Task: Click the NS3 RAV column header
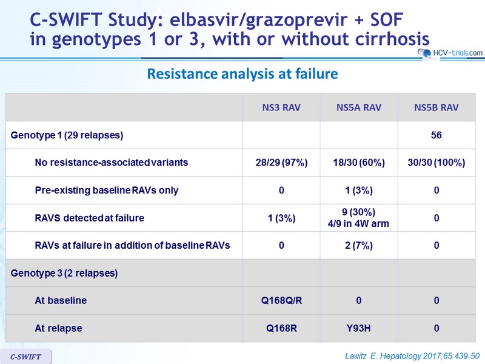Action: [281, 107]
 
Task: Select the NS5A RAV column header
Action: [359, 107]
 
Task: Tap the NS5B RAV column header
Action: [436, 107]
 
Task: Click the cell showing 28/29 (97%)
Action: [281, 163]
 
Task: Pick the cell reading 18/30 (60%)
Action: [359, 163]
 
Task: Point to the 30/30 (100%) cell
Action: [436, 163]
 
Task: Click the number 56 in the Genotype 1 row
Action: [436, 135]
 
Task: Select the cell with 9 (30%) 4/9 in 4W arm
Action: [358, 218]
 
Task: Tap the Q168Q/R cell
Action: [281, 300]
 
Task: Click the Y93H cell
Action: [358, 328]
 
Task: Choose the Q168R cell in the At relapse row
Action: [281, 328]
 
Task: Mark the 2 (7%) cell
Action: [359, 246]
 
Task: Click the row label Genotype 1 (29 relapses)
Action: [67, 135]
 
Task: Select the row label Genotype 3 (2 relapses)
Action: [64, 274]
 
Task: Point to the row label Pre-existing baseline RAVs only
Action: [107, 190]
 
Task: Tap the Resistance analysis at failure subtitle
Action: [242, 73]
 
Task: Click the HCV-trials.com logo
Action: [450, 53]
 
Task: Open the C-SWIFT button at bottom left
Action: [25, 357]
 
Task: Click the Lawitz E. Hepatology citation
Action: [412, 356]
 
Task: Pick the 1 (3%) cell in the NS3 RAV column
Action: [281, 218]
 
